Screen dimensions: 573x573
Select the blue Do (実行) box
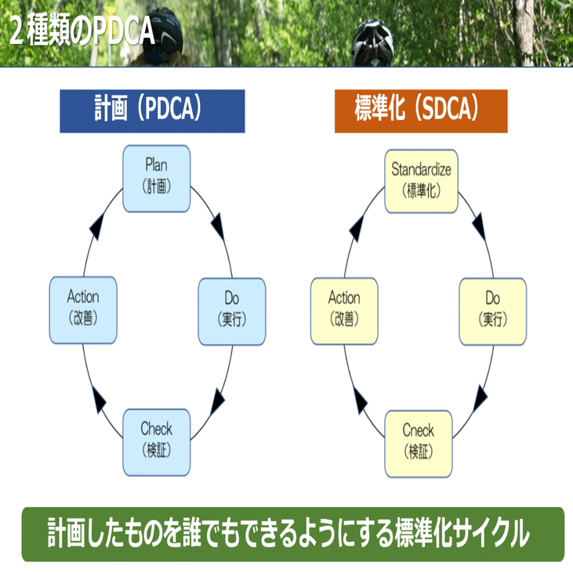point(231,311)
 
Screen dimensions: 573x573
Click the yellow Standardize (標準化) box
point(421,180)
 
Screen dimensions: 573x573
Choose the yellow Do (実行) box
point(492,311)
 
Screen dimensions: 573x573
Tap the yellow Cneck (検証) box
point(418,442)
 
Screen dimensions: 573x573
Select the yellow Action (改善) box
point(344,311)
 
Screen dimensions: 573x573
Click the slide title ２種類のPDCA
point(82,31)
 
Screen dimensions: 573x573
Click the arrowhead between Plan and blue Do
point(219,227)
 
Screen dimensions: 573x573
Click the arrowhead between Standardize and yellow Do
point(480,227)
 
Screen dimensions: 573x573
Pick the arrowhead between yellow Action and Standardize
point(357,227)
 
